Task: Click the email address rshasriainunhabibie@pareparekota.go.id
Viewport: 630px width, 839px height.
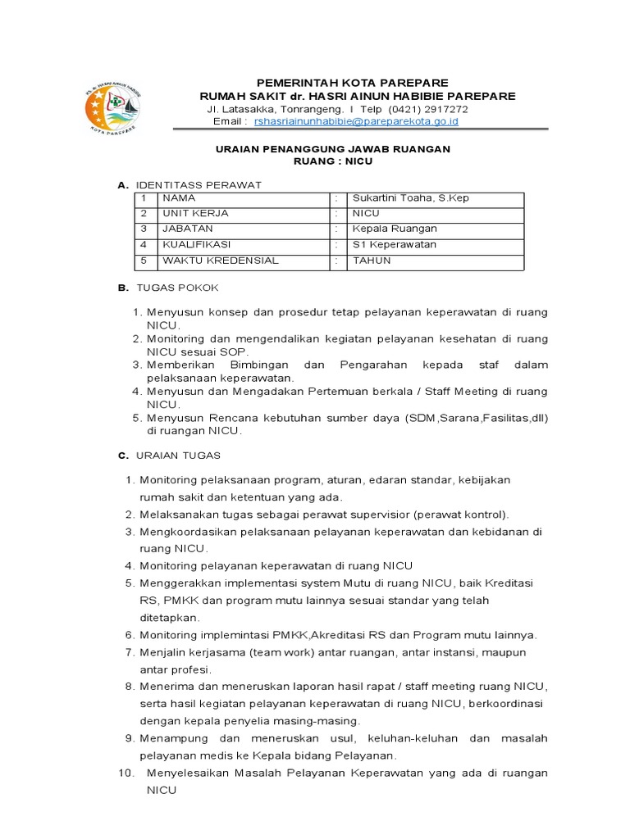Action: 356,121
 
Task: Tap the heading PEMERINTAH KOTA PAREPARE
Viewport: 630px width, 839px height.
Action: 353,83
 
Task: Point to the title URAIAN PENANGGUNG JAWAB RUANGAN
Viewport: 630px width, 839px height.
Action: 332,149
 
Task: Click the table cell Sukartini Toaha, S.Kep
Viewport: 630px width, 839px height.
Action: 410,198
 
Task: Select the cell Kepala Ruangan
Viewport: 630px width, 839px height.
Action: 395,229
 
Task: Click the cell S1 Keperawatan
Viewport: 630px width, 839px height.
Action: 395,245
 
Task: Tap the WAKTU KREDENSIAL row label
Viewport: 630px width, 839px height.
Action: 221,261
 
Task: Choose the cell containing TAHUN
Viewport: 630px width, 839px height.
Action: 372,261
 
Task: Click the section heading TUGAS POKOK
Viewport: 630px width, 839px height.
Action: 177,288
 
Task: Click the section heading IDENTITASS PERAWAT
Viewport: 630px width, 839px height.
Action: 199,185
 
